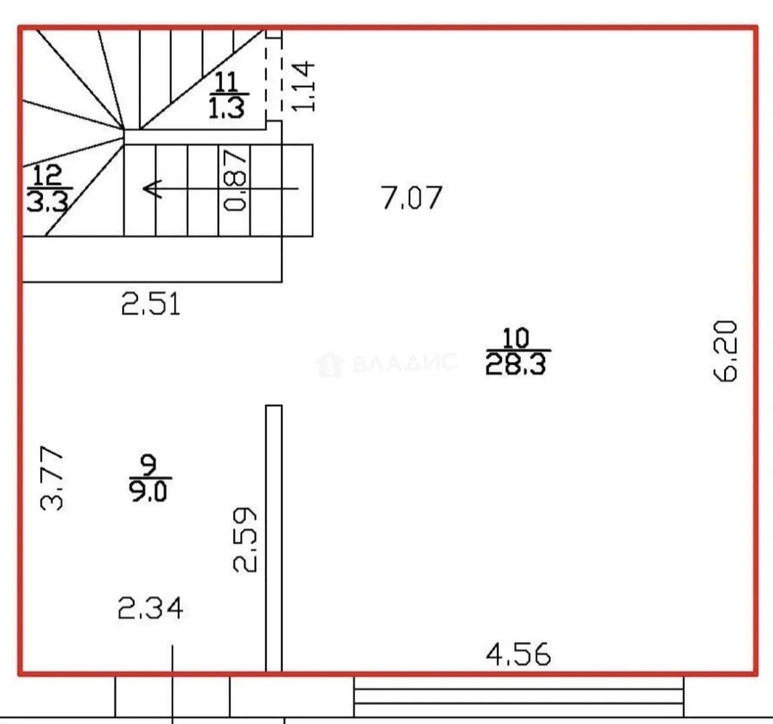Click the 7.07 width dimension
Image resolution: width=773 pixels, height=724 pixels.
411,198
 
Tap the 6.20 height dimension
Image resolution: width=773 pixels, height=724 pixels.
725,351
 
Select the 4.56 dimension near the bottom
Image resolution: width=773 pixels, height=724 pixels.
518,654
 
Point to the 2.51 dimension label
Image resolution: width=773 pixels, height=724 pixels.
151,304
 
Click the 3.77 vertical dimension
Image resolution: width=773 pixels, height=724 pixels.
52,478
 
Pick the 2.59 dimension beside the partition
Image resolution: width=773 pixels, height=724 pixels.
245,540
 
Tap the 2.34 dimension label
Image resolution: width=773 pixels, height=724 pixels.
150,607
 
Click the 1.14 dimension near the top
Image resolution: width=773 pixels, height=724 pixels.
302,86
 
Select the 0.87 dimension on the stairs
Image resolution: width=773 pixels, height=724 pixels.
235,180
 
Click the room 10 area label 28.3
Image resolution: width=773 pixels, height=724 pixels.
516,365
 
